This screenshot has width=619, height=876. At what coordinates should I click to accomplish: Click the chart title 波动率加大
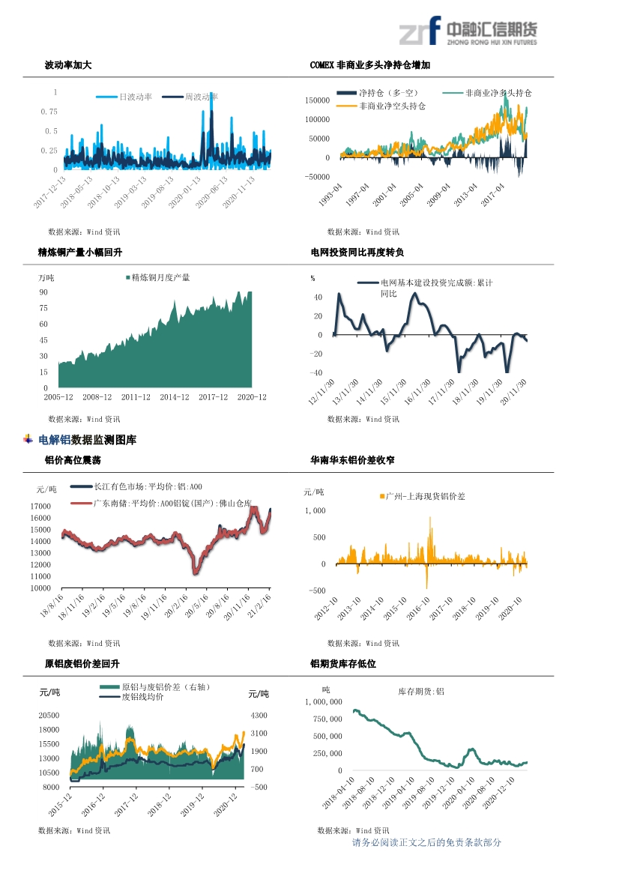(x=68, y=65)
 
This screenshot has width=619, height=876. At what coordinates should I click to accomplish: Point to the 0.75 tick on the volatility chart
(x=49, y=112)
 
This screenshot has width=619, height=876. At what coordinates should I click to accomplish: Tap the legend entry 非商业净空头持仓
(x=392, y=106)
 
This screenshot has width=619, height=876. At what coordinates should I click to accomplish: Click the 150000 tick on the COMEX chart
(x=318, y=100)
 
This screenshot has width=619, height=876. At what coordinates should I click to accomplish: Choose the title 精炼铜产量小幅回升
(x=79, y=253)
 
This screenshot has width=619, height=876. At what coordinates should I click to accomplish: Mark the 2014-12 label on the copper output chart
(x=175, y=397)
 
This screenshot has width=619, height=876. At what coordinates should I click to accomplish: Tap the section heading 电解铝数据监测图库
(x=87, y=440)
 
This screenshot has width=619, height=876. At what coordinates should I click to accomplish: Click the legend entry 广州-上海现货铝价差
(x=425, y=496)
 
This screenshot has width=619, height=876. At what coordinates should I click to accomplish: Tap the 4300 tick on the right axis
(x=257, y=716)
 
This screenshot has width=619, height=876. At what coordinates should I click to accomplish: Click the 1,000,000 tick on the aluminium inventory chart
(x=324, y=702)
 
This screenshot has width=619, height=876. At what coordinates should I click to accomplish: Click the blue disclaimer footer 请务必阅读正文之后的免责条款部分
(x=426, y=842)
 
